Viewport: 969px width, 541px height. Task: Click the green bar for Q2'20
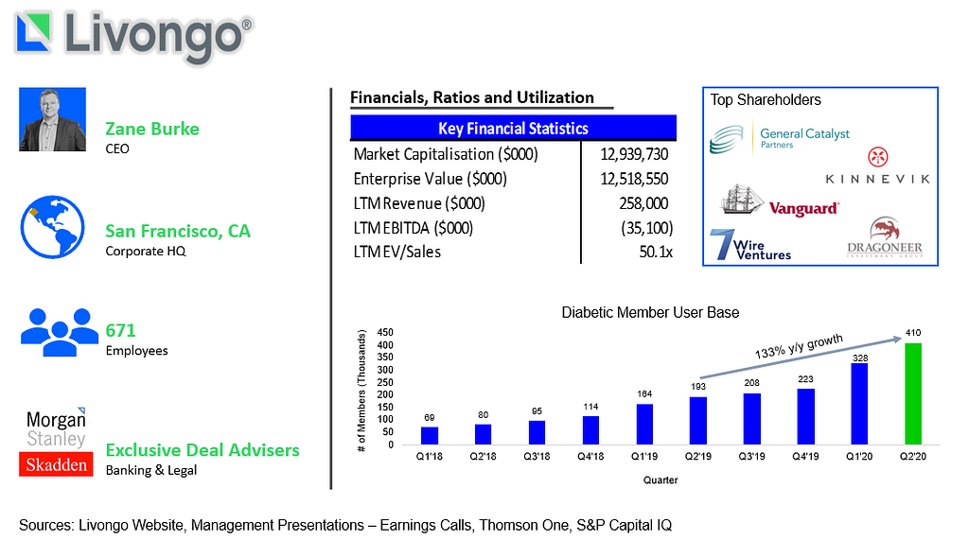(x=913, y=394)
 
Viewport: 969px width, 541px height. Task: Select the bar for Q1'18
(x=430, y=436)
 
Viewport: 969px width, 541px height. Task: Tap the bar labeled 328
(x=859, y=404)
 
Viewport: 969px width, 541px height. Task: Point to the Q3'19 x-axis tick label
(x=751, y=457)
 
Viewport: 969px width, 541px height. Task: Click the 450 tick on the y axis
(x=385, y=332)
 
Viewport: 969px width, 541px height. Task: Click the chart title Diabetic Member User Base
(x=650, y=312)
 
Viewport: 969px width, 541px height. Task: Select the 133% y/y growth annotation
(x=799, y=346)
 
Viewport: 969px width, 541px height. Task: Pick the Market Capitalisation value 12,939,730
(x=634, y=154)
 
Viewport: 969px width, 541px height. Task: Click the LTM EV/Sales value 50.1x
(x=656, y=252)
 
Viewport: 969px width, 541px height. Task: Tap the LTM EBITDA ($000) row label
(x=414, y=228)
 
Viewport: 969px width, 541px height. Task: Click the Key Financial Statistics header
(x=513, y=128)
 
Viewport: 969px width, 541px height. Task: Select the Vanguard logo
(x=780, y=201)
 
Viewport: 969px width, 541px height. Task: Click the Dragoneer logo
(x=885, y=237)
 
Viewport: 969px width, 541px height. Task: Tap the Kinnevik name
(x=877, y=179)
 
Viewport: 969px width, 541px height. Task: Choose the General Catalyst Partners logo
(x=780, y=139)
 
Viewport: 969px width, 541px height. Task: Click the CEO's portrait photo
(x=53, y=119)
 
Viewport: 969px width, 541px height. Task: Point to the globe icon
(x=53, y=227)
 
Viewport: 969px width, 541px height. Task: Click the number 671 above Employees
(x=120, y=330)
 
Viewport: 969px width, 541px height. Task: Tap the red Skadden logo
(x=56, y=464)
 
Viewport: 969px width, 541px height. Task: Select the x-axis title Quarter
(x=660, y=480)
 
